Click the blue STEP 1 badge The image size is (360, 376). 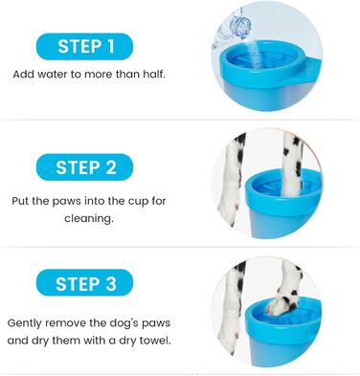point(84,46)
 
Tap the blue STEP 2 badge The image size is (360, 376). point(84,167)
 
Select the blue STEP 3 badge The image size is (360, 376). point(84,282)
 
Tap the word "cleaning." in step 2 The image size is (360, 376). point(89,218)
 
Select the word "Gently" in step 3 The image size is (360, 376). point(25,323)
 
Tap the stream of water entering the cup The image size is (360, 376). point(254,51)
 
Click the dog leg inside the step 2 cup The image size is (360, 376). point(292,165)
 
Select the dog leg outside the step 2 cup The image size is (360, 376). point(232,180)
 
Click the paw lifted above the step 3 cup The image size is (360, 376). point(286,289)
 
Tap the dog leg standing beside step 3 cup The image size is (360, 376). point(232,306)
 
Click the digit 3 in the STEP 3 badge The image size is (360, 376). point(110,283)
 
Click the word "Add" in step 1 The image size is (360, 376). point(24,74)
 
